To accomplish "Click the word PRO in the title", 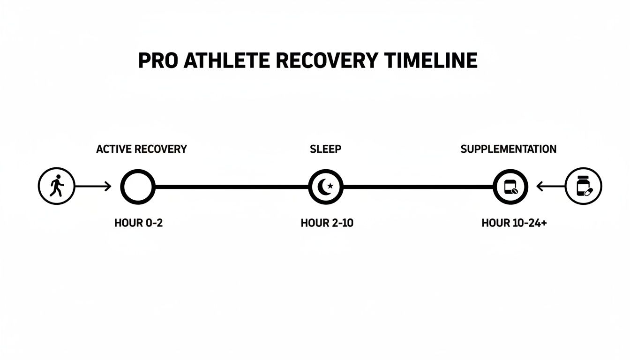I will tap(157, 61).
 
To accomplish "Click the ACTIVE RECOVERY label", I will tap(142, 149).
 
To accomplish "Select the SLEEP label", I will tap(326, 149).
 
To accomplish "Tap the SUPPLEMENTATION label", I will tap(509, 149).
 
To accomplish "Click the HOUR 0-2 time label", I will tap(138, 223).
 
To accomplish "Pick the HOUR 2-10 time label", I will tap(327, 223).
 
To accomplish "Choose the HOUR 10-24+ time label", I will tap(514, 223).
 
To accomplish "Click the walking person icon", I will tap(56, 187).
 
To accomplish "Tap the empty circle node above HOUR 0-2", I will tap(137, 187).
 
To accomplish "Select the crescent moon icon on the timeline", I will tap(323, 187).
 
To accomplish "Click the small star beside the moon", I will tap(330, 186).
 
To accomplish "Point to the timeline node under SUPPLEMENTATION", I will tap(510, 187).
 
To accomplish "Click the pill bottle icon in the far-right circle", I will tap(583, 187).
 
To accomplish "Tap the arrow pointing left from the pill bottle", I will tap(551, 187).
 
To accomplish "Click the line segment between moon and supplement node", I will tap(418, 187).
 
